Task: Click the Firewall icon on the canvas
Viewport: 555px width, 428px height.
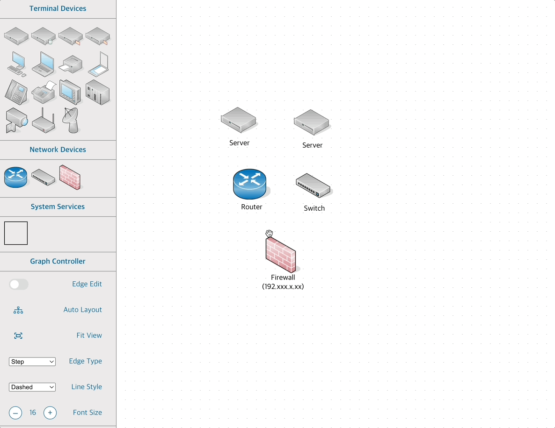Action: pyautogui.click(x=281, y=255)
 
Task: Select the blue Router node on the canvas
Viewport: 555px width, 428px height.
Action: pyautogui.click(x=249, y=184)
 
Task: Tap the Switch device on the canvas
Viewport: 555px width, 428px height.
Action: pyautogui.click(x=313, y=185)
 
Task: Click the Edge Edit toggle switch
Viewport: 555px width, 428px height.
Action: pyautogui.click(x=19, y=284)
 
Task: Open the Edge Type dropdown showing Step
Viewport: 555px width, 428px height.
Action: pyautogui.click(x=32, y=362)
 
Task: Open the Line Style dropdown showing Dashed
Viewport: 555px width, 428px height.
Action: pyautogui.click(x=32, y=387)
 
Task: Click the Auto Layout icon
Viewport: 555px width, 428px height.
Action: pyautogui.click(x=18, y=310)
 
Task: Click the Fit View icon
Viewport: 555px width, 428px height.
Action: pyautogui.click(x=18, y=336)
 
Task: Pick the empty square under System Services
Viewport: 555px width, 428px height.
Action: pyautogui.click(x=16, y=233)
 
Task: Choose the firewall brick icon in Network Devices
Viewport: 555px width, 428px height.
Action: pyautogui.click(x=70, y=177)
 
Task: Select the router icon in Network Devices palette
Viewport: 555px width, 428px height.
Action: pyautogui.click(x=16, y=178)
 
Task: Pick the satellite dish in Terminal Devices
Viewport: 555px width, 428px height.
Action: pyautogui.click(x=71, y=120)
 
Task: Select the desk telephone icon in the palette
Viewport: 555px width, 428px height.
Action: pyautogui.click(x=16, y=92)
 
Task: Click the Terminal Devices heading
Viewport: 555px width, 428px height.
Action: pyautogui.click(x=58, y=8)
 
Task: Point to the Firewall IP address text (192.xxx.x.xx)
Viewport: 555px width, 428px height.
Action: pyautogui.click(x=283, y=286)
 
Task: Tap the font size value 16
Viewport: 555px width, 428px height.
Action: pyautogui.click(x=33, y=413)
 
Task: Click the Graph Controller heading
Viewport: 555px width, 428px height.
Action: pyautogui.click(x=58, y=261)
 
